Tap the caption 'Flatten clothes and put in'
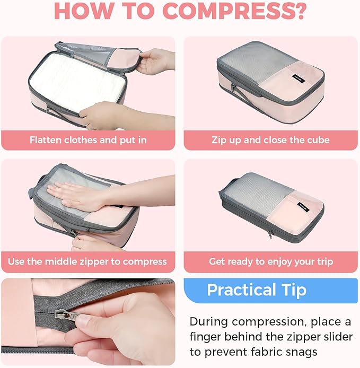click(88, 140)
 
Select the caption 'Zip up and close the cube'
click(270, 140)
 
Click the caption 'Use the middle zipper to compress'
click(88, 261)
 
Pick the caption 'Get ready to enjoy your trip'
click(270, 261)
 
